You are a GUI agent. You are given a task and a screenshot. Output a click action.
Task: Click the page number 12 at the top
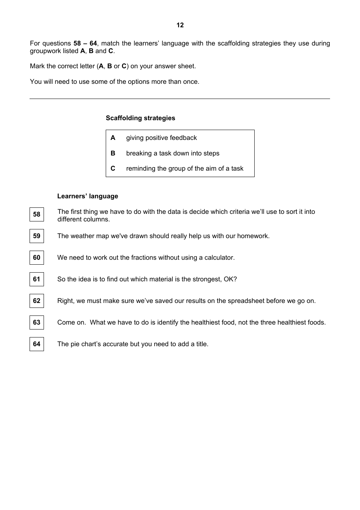click(180, 25)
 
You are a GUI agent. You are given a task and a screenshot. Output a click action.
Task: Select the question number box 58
click(37, 214)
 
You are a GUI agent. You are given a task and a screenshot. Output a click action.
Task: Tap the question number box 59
click(37, 236)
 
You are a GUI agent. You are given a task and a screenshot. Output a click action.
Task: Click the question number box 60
click(37, 257)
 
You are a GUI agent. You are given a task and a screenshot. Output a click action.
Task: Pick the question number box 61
click(37, 279)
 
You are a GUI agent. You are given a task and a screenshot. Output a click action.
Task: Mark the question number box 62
click(37, 301)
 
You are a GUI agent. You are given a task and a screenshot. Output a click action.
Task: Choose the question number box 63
click(37, 322)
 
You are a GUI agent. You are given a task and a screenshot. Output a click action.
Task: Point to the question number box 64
click(37, 344)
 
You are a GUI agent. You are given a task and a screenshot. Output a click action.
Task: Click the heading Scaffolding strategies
click(140, 118)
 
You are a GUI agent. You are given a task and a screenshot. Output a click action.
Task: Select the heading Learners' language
click(88, 196)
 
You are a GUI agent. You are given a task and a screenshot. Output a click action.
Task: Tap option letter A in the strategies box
click(113, 138)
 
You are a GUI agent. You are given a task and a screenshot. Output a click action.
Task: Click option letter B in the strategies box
click(113, 153)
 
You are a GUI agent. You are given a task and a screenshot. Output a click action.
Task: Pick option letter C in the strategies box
click(113, 168)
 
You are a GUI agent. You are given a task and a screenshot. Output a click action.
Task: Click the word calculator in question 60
click(219, 257)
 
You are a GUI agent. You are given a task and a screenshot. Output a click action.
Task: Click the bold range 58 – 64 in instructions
click(85, 43)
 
